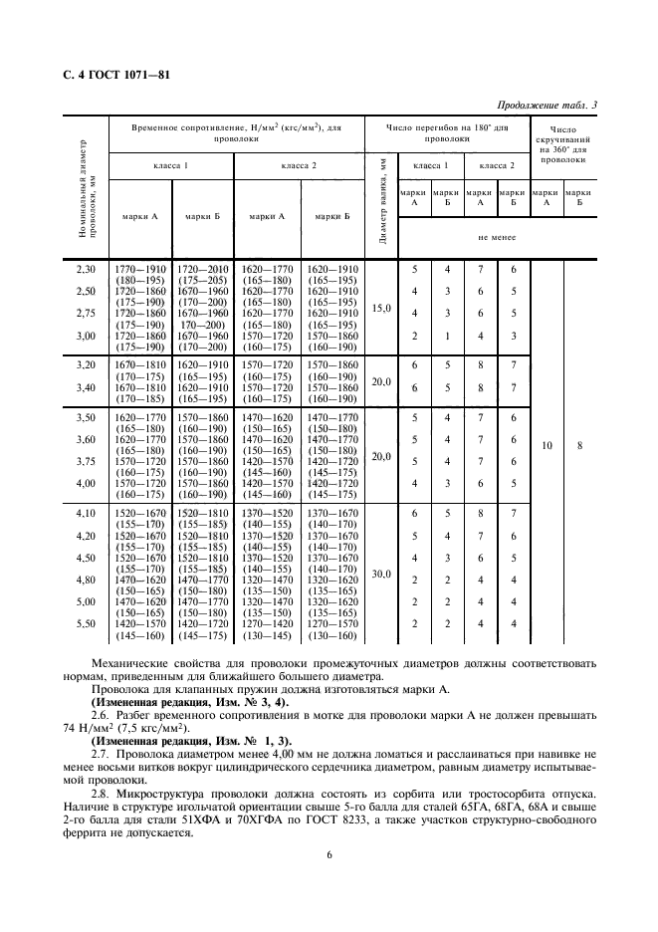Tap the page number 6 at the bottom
[329, 853]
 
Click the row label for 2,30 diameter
[86, 269]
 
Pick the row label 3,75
[86, 461]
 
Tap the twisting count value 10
[547, 446]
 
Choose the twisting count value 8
[579, 446]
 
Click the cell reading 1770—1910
[138, 269]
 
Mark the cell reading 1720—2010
[202, 269]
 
